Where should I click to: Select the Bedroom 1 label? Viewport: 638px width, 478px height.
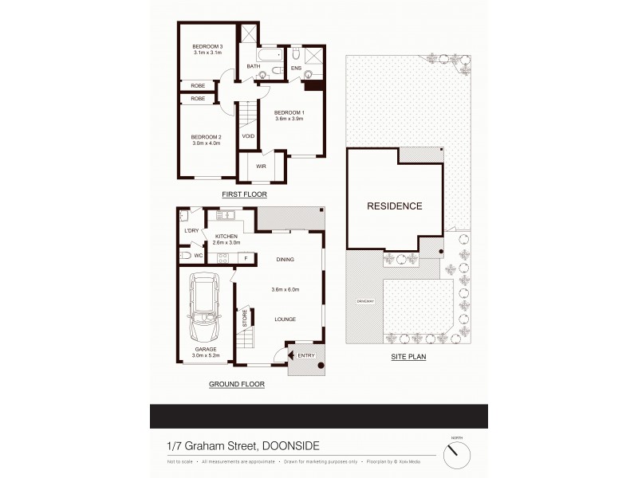[x=289, y=112]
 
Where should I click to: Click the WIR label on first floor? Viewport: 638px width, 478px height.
[x=260, y=166]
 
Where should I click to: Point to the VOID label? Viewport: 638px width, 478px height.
[x=248, y=135]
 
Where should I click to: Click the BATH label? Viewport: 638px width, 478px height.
[x=253, y=66]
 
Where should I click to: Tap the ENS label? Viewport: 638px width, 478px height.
[x=295, y=68]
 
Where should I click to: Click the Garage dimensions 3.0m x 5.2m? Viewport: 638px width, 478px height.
[x=206, y=355]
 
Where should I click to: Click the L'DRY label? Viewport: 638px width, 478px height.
[x=191, y=231]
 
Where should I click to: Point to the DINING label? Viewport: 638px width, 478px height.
[x=285, y=259]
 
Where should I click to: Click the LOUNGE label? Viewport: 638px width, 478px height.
[x=285, y=319]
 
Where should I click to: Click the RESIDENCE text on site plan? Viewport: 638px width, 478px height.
[x=394, y=206]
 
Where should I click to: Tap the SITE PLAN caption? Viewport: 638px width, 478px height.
[x=408, y=358]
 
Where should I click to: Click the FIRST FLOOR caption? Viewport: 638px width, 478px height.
[x=245, y=194]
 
